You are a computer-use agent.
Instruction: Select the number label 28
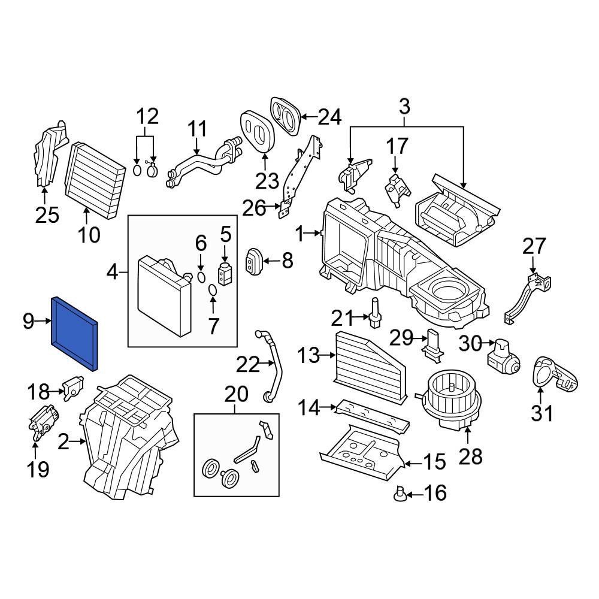coord(470,456)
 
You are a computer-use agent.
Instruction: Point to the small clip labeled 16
coord(400,494)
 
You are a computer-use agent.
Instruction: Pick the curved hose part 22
coord(271,365)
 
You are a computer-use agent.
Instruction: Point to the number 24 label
coord(329,117)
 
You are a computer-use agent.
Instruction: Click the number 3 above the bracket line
coord(405,107)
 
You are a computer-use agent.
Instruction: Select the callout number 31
coord(543,413)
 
